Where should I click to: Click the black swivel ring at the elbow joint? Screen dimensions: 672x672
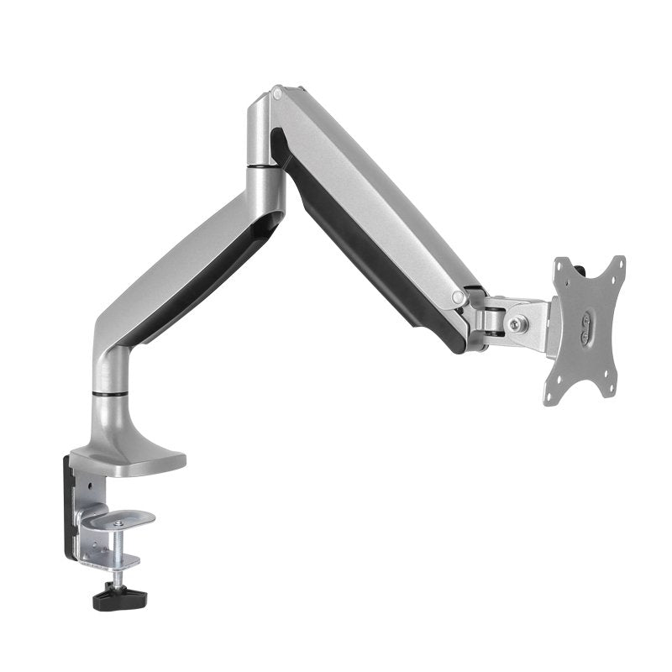265,169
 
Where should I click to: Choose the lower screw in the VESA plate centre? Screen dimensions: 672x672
585,334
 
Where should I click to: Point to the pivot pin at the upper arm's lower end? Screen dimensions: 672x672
458,297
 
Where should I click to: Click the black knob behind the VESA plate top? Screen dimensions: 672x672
581,270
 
